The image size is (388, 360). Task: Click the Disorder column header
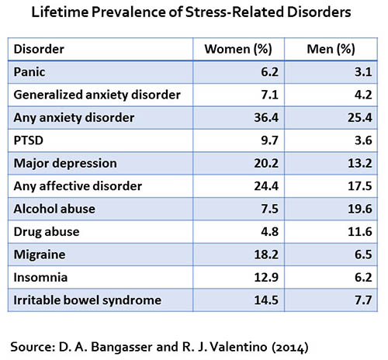tap(39, 49)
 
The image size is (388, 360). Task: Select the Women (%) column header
tap(238, 49)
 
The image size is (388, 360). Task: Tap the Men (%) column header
tap(331, 49)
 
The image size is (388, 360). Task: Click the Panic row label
tap(29, 72)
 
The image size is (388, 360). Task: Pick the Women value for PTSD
tap(269, 140)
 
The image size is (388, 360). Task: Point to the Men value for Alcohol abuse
tap(360, 209)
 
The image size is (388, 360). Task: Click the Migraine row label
tap(40, 254)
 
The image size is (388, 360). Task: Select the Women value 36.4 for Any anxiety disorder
tap(266, 118)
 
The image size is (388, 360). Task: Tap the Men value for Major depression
tap(360, 163)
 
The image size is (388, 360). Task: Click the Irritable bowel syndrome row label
tap(88, 300)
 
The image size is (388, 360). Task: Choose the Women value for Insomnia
tap(266, 278)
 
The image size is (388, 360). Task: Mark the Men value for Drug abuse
tap(360, 232)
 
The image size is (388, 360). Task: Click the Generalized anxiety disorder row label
tap(97, 95)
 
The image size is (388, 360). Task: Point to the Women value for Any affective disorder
tap(266, 186)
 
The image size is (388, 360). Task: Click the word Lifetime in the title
tap(60, 12)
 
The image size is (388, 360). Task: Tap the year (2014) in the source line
tap(290, 348)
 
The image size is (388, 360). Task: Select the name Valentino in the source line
tap(238, 347)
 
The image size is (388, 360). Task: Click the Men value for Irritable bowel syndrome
tap(363, 300)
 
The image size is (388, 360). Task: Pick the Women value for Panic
tap(269, 72)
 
